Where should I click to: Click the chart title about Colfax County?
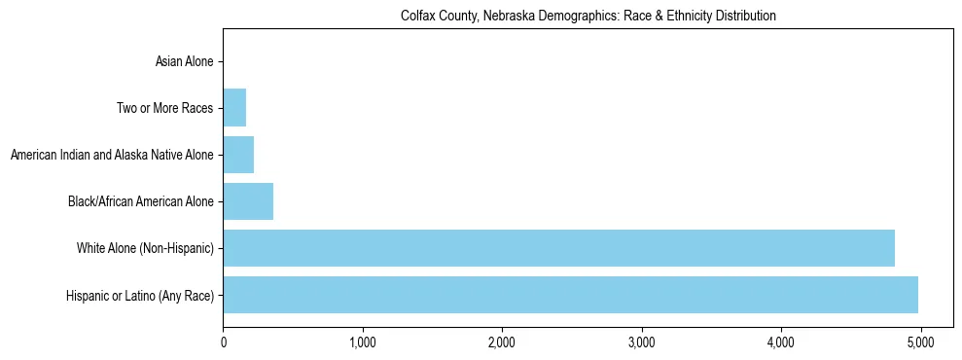tap(588, 17)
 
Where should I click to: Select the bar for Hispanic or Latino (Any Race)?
tap(570, 295)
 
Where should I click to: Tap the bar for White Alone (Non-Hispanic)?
tap(558, 248)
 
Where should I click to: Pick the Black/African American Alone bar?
tap(248, 201)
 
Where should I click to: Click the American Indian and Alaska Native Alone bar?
tap(238, 155)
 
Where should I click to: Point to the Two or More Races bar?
tap(234, 108)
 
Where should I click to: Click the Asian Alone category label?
tap(184, 62)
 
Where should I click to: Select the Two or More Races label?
tap(164, 108)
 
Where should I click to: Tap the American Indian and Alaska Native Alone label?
tap(112, 155)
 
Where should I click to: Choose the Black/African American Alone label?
tap(140, 201)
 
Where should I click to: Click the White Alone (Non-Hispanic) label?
tap(145, 249)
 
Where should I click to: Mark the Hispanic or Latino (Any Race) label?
tap(140, 296)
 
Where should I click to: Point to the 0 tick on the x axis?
tap(224, 342)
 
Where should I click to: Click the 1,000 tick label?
tap(363, 342)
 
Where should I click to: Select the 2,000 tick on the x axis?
tap(502, 342)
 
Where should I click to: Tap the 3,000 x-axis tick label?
tap(642, 342)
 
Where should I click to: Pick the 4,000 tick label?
tap(781, 342)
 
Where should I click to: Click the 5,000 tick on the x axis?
tap(920, 342)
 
